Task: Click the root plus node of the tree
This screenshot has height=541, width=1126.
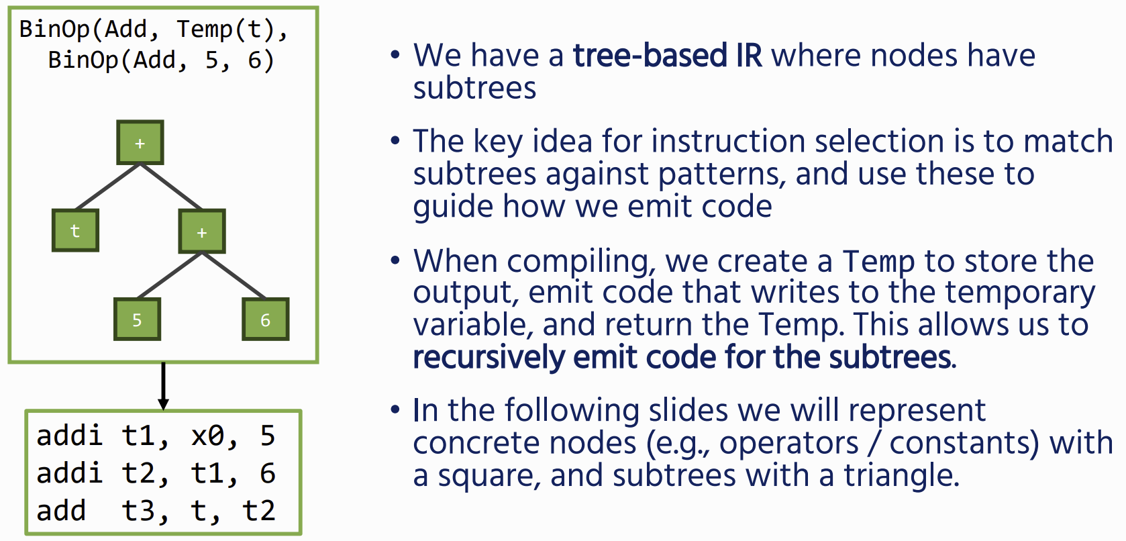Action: tap(140, 142)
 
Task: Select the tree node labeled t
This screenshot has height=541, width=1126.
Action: tap(75, 230)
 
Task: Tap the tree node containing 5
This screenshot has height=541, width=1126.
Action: tap(138, 319)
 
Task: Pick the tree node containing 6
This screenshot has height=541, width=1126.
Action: tap(266, 319)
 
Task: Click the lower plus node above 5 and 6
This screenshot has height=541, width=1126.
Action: tap(202, 232)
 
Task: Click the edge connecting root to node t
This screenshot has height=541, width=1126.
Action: tap(107, 187)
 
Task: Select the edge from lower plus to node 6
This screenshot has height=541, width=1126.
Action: tap(234, 275)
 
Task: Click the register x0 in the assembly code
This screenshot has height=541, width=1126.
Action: tap(207, 436)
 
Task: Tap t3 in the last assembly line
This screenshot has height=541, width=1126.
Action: tap(138, 511)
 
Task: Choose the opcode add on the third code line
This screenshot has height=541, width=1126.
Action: tap(61, 511)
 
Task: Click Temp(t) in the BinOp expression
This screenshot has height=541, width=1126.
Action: tap(225, 29)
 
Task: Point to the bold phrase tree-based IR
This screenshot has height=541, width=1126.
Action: tap(668, 55)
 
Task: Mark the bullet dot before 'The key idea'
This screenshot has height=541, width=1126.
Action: tap(395, 140)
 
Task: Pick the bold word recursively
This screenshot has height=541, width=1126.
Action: tap(489, 358)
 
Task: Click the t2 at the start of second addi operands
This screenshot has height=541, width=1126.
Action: tap(138, 474)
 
